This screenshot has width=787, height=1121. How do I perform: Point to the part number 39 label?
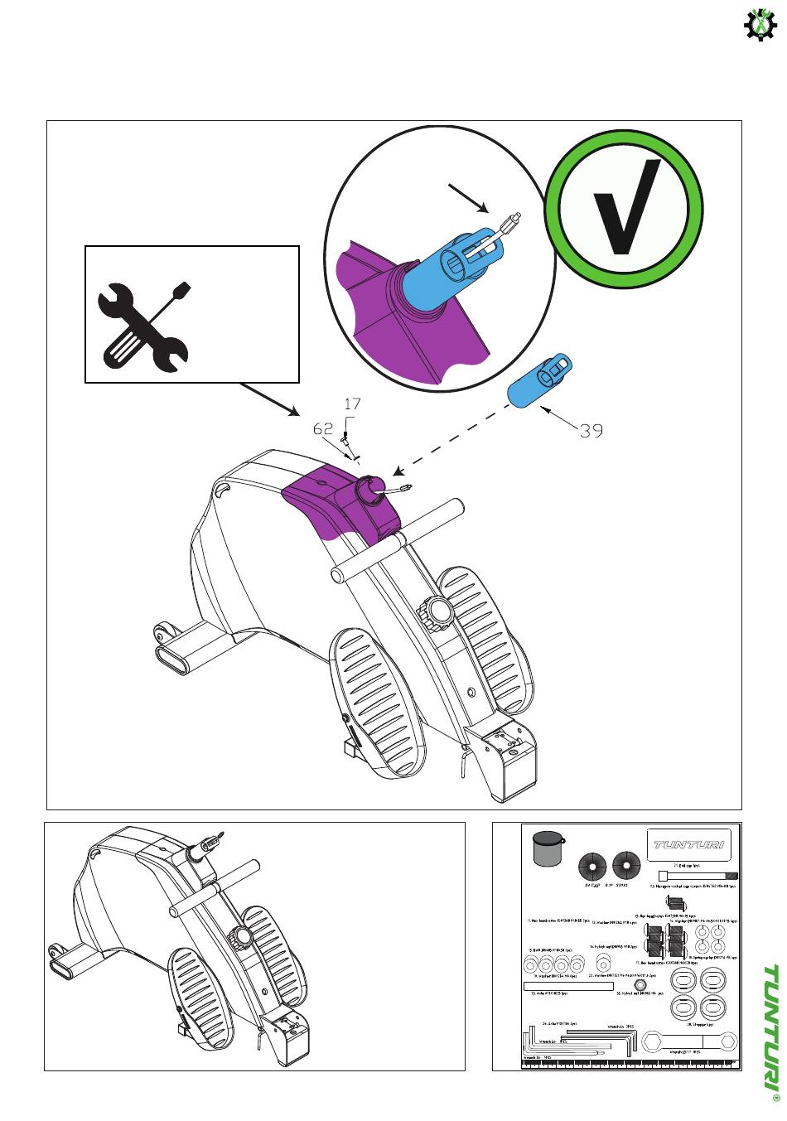591,431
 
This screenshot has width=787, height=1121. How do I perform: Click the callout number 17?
352,404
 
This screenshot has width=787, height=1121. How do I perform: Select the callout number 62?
323,428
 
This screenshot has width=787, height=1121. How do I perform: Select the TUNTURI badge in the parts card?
688,844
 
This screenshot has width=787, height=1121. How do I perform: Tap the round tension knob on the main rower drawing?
437,611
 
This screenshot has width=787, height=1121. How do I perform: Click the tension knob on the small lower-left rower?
242,939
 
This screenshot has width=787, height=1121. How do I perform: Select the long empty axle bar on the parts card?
568,986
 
